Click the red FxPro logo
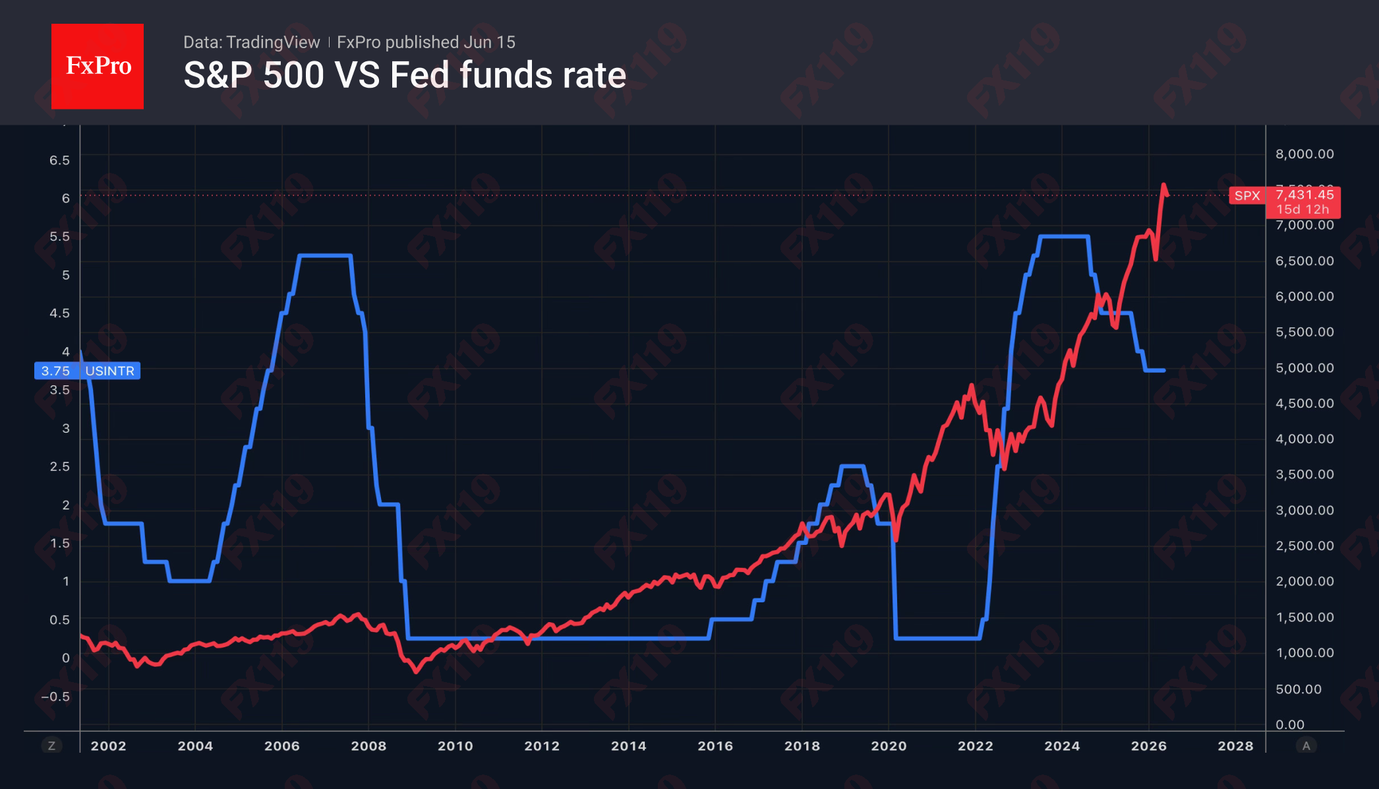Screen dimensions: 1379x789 coord(98,66)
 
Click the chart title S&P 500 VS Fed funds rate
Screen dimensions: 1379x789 coord(405,75)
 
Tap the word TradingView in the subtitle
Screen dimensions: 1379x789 coord(273,42)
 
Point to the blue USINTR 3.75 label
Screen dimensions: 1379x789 coord(87,371)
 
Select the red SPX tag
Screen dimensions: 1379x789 coord(1247,196)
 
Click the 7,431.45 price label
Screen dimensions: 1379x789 coord(1305,195)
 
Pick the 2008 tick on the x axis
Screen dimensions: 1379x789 coord(368,746)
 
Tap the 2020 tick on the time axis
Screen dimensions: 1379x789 coord(889,746)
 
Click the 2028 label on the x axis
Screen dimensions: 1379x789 coord(1235,746)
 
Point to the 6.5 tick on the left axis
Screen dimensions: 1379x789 coord(59,160)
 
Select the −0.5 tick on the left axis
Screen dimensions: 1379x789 coord(55,697)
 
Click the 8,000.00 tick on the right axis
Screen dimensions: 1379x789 coord(1305,154)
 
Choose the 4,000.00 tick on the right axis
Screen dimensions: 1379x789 coord(1305,439)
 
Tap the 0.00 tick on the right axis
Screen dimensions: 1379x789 coord(1290,724)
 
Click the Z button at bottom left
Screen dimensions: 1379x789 coord(51,745)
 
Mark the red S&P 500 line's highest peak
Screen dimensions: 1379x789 coord(1163,185)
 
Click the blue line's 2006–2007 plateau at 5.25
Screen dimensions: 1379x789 coord(325,255)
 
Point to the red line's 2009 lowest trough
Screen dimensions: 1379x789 coord(416,671)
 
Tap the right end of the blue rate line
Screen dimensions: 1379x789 coord(1164,371)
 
